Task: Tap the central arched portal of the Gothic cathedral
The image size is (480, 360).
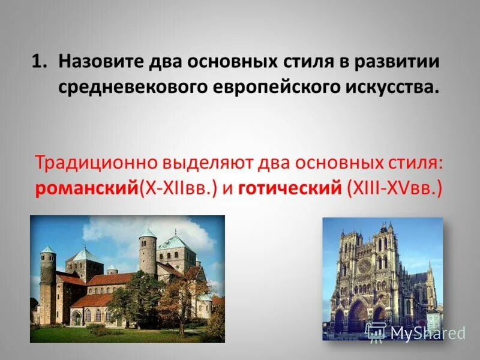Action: (358, 315)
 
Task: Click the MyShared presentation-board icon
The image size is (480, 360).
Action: (376, 332)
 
